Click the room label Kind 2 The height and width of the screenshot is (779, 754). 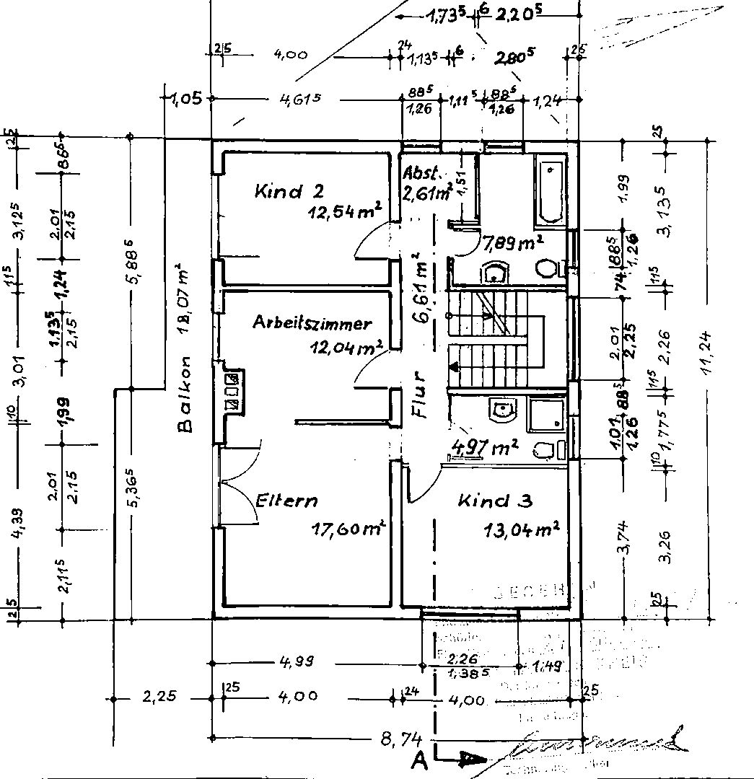(289, 192)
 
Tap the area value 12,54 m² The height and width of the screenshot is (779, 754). (343, 214)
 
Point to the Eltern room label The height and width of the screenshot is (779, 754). (286, 501)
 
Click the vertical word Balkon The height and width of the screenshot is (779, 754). (186, 395)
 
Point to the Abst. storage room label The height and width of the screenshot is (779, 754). (421, 174)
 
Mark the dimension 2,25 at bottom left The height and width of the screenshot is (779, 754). (160, 697)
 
